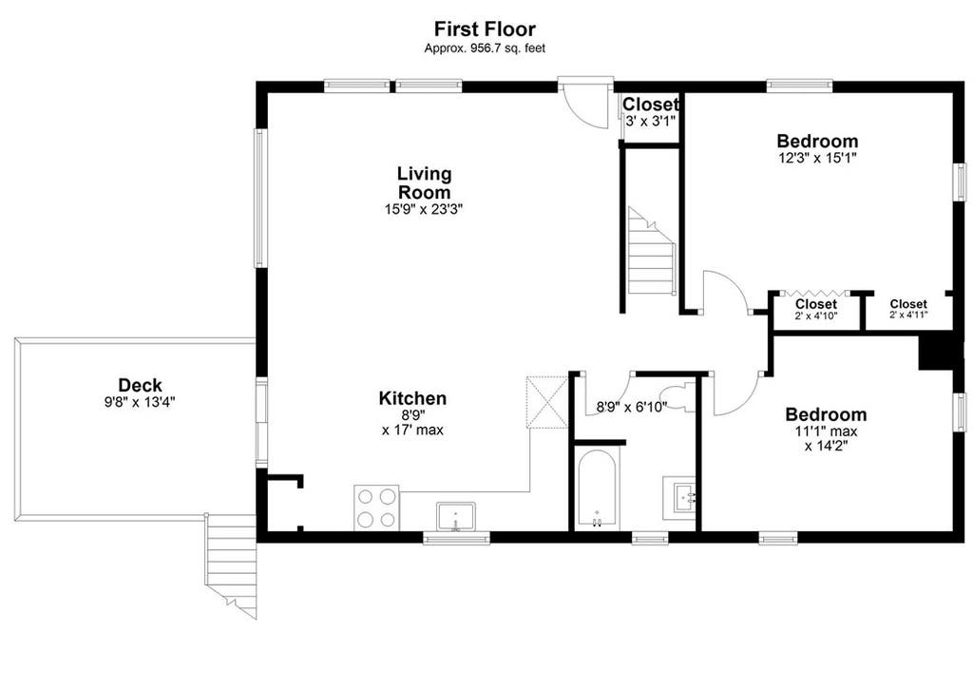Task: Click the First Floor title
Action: pyautogui.click(x=485, y=29)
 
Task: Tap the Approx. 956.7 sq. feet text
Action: pyautogui.click(x=485, y=48)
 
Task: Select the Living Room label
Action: pyautogui.click(x=425, y=182)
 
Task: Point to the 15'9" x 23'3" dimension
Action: pyautogui.click(x=424, y=209)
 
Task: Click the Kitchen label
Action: pyautogui.click(x=412, y=398)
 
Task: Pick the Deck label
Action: pyautogui.click(x=141, y=385)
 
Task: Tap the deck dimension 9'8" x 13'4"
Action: pyautogui.click(x=140, y=402)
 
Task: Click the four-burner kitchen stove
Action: pyautogui.click(x=376, y=507)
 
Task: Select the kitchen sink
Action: pyautogui.click(x=455, y=516)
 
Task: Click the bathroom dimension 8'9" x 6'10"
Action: pyautogui.click(x=632, y=407)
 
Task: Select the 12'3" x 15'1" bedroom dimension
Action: pyautogui.click(x=817, y=158)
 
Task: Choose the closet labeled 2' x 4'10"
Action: pyautogui.click(x=816, y=309)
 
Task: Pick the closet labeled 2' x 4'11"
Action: pyautogui.click(x=908, y=309)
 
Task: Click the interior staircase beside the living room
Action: pyautogui.click(x=652, y=252)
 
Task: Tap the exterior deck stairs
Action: pyautogui.click(x=231, y=565)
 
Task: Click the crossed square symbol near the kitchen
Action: pyautogui.click(x=546, y=402)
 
